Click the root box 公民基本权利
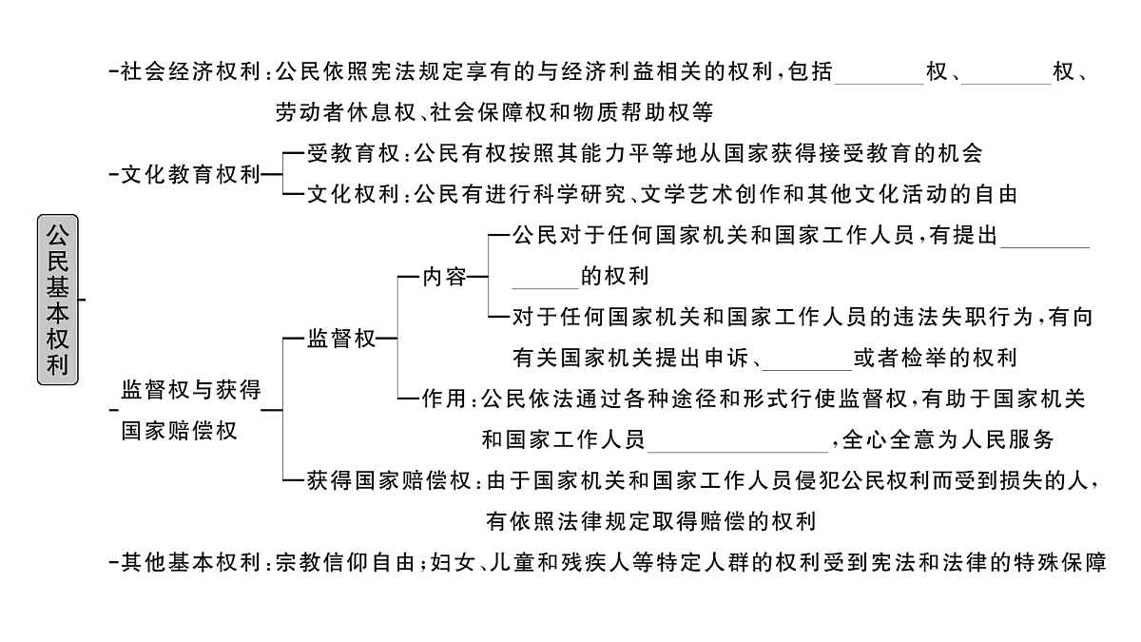59,300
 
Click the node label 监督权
341,339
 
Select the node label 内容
444,277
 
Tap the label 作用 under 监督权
444,399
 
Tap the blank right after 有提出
1045,237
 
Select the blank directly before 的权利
545,278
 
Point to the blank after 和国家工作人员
741,441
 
